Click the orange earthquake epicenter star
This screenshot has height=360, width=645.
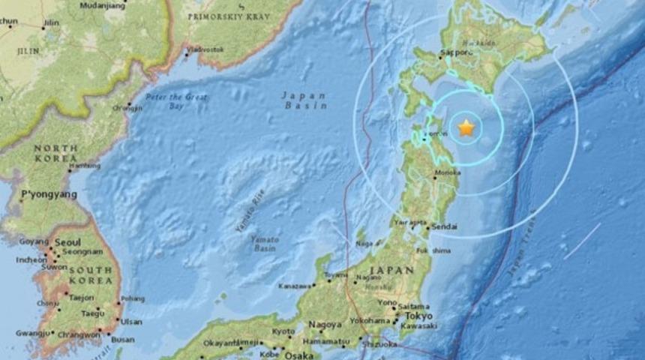tap(466, 128)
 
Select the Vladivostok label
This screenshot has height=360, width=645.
tap(206, 49)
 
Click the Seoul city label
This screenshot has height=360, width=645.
tap(67, 243)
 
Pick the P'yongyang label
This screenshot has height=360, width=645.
tap(49, 195)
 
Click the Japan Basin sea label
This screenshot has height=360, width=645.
tap(304, 100)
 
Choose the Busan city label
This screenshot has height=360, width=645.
tap(123, 340)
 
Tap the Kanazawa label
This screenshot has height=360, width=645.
tap(295, 286)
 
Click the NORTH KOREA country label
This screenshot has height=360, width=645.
tap(55, 153)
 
